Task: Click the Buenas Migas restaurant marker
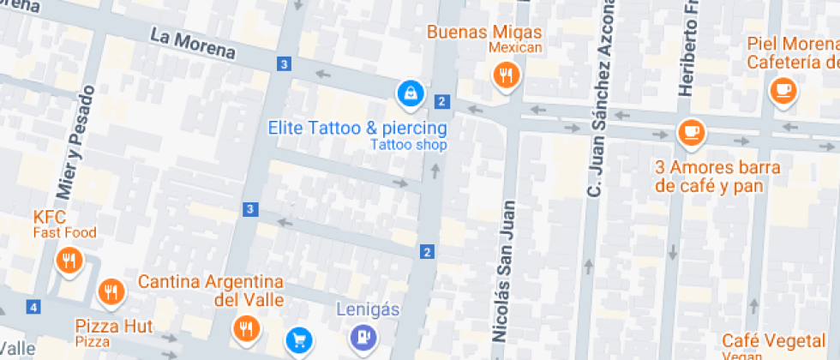tap(507, 75)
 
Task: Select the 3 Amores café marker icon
tap(691, 133)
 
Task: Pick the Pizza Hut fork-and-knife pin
tap(110, 293)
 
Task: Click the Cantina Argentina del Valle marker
tap(245, 327)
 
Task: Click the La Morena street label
tap(192, 43)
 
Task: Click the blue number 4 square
tap(33, 307)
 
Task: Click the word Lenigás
tap(367, 309)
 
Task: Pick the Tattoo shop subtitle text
tap(409, 145)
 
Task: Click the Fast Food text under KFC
tap(65, 232)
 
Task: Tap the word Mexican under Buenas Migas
tap(515, 47)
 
